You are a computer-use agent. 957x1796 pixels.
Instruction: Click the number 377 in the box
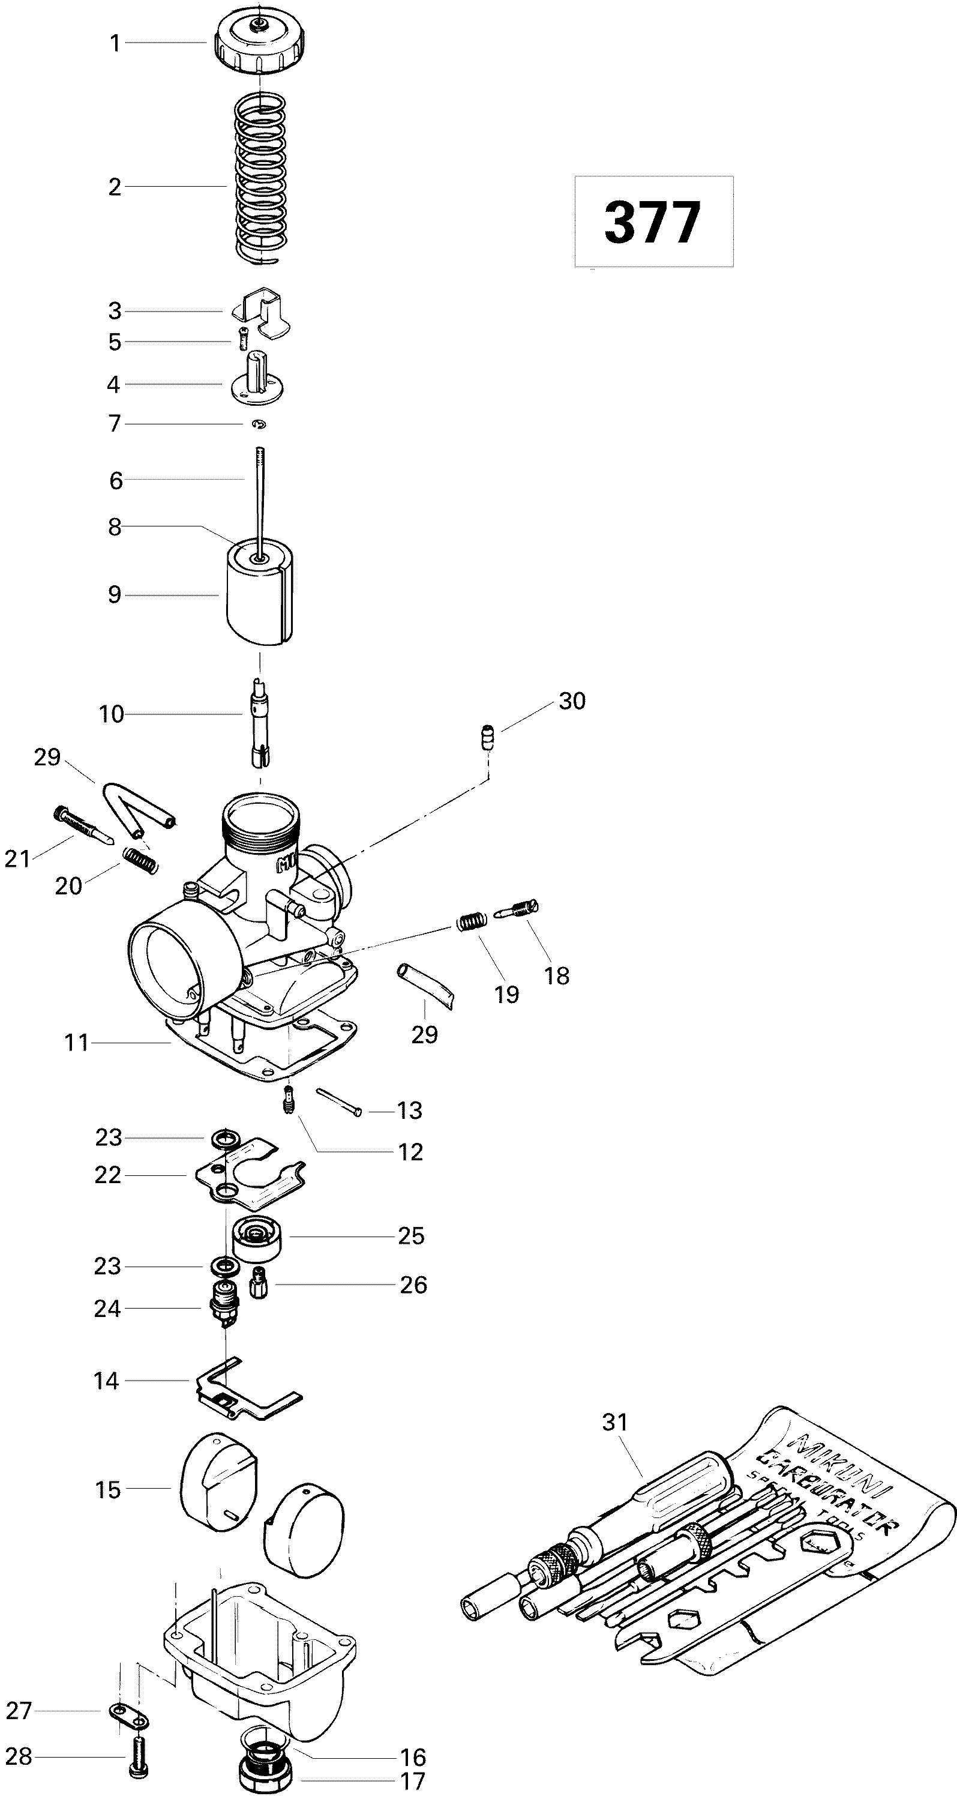coord(652,223)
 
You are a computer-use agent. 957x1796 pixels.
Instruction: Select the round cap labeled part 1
coord(259,45)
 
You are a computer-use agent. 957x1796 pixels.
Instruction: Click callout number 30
coord(572,701)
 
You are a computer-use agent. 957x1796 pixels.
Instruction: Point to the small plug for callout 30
coord(488,737)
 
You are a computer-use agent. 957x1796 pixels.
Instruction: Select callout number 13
coord(409,1110)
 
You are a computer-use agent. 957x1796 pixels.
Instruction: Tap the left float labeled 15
coord(216,1486)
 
